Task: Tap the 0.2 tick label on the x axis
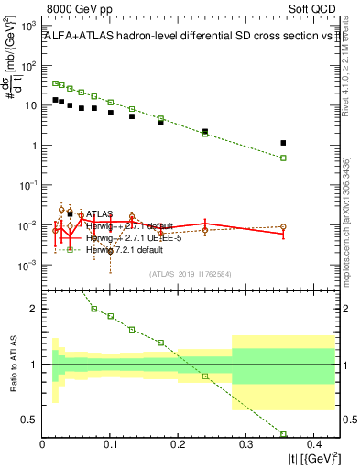tap(178, 445)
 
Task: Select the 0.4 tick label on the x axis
tap(312, 445)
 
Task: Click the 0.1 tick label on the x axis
tap(110, 445)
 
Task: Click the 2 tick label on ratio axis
tap(34, 309)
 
